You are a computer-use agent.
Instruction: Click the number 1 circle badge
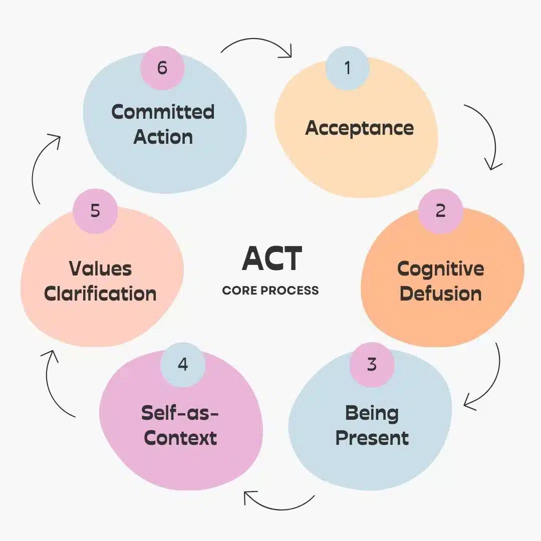click(x=348, y=68)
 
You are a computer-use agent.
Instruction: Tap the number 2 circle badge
click(x=440, y=210)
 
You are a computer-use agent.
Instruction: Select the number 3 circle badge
click(x=372, y=364)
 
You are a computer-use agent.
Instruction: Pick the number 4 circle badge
click(x=183, y=364)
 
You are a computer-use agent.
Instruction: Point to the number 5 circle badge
click(x=95, y=210)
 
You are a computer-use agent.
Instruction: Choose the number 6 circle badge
click(x=162, y=68)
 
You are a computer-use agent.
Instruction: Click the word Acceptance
click(x=360, y=128)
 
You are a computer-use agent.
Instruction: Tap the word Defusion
click(x=441, y=294)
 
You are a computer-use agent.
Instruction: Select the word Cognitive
click(x=441, y=269)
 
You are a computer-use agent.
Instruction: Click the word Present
click(x=372, y=438)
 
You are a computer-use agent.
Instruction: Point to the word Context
click(x=180, y=438)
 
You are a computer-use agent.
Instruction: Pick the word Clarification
click(x=100, y=294)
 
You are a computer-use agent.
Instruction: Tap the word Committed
click(x=163, y=111)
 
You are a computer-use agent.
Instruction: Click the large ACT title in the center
click(x=272, y=258)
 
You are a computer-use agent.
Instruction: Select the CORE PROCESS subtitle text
click(x=270, y=291)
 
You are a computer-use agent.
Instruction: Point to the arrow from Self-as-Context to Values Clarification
click(x=54, y=383)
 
